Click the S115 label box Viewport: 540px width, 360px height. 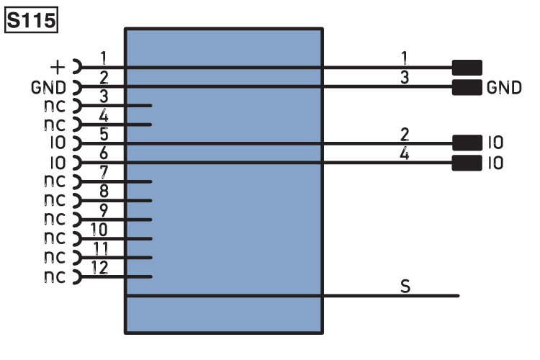coord(31,21)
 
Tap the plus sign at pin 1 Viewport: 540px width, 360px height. coord(58,68)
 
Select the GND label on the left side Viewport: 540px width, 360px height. coord(48,87)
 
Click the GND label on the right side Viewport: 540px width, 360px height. coord(504,88)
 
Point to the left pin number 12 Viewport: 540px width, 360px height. coord(101,268)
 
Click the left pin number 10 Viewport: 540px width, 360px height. coord(101,230)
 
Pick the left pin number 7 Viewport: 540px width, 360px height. coord(104,173)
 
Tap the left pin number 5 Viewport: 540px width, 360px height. coord(104,134)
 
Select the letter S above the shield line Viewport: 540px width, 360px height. coord(405,287)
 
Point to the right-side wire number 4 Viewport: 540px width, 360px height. coord(405,153)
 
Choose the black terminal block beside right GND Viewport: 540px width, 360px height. coord(467,88)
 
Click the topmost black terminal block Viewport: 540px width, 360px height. coord(467,68)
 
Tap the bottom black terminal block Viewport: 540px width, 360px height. coord(467,163)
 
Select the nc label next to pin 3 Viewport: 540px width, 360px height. coord(54,107)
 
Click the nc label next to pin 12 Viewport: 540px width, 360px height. coord(54,276)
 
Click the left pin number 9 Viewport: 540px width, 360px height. coord(104,211)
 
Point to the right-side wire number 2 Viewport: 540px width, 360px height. coord(405,134)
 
